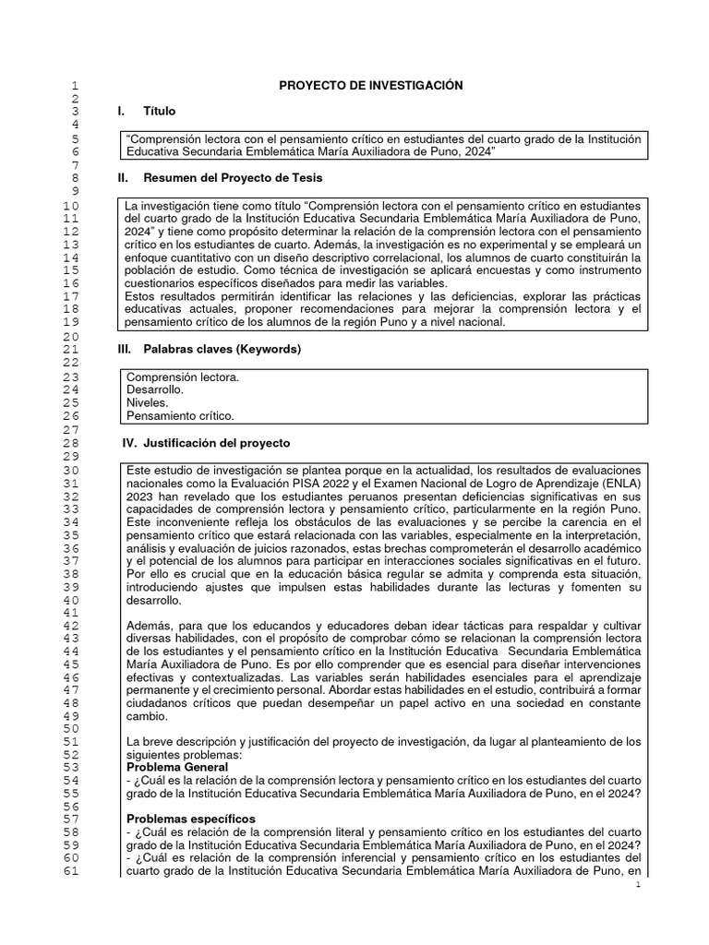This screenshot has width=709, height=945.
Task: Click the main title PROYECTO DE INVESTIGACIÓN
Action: (x=370, y=86)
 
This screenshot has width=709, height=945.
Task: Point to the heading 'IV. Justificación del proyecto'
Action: (x=206, y=443)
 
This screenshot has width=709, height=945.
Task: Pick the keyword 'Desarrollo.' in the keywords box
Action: (x=154, y=390)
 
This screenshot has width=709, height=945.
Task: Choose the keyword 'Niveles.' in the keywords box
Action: (x=147, y=403)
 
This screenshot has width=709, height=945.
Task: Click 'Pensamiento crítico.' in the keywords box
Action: (x=180, y=416)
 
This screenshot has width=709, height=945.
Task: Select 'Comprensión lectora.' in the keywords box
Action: (x=183, y=377)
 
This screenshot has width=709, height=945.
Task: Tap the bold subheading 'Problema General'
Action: (x=179, y=767)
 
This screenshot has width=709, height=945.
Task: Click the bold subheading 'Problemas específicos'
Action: (x=191, y=819)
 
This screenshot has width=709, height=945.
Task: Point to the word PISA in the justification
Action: (x=343, y=484)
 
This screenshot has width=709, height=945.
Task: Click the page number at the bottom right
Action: (x=637, y=886)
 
